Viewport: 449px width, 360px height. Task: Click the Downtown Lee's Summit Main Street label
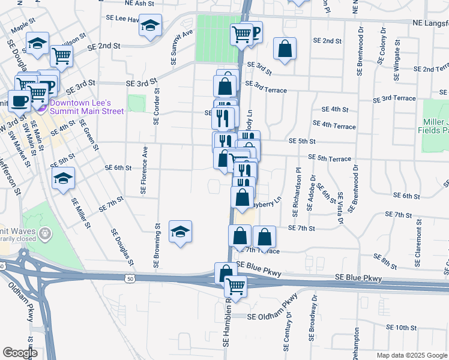(x=87, y=107)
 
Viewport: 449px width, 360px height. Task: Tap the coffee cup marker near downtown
(x=19, y=101)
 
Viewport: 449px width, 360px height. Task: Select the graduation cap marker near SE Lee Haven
(x=151, y=25)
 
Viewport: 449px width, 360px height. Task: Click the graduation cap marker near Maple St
(x=37, y=43)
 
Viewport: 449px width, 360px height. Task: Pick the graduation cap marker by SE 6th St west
(x=63, y=178)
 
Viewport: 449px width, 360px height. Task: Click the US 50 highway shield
(x=130, y=278)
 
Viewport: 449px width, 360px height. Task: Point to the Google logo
(x=20, y=352)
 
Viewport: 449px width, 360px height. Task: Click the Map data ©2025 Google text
(x=411, y=355)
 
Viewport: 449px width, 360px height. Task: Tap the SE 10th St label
(x=402, y=328)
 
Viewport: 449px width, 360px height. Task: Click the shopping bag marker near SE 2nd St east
(x=285, y=49)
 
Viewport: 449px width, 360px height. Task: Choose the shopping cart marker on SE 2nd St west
(x=62, y=55)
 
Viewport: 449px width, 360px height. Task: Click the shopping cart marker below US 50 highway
(x=235, y=287)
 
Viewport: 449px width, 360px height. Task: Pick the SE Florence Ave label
(x=144, y=171)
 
